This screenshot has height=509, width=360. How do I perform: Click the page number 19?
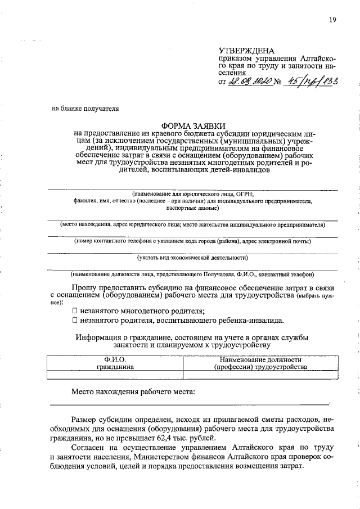[x=332, y=20]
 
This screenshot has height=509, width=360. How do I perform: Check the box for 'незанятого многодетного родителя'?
[x=75, y=310]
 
